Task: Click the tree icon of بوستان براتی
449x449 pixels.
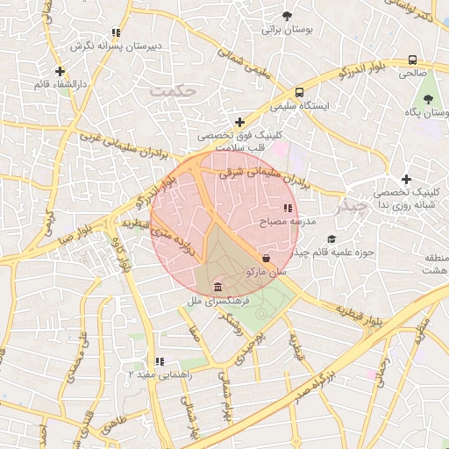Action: (287, 16)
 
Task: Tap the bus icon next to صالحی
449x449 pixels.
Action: (412, 60)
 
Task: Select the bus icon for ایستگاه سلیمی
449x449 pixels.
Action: (300, 92)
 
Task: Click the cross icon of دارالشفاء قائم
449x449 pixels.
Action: (60, 71)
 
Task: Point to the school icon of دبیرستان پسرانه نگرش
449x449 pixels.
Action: (117, 33)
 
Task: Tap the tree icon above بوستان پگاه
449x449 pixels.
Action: (428, 99)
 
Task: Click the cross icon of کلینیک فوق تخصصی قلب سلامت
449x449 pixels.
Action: (239, 122)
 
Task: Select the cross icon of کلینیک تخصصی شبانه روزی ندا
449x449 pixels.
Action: (406, 179)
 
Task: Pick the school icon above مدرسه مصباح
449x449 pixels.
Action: (287, 209)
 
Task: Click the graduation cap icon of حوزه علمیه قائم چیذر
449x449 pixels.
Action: (331, 239)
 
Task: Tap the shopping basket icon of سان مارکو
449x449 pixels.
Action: (266, 258)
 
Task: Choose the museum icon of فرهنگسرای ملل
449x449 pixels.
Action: (217, 288)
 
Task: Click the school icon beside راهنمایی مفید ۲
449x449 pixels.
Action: (159, 361)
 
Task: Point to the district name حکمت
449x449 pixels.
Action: (170, 90)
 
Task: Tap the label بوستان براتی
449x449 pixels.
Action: (287, 30)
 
